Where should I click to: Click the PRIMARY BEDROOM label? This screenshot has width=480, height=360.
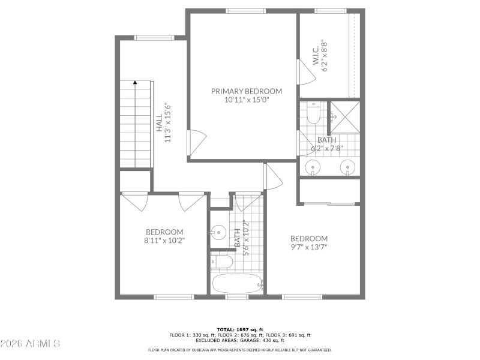pos(246,91)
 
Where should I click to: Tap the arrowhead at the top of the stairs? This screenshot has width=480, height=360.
pos(135,83)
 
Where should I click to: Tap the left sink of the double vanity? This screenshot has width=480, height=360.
pos(314,167)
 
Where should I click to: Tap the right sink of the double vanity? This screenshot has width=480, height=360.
pos(347,167)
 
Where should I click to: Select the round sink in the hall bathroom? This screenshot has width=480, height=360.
pos(218,230)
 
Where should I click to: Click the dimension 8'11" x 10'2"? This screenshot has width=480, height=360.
pos(164,240)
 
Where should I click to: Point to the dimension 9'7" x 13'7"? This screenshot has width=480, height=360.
pos(309,247)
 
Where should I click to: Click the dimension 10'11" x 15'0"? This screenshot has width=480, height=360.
pos(246,100)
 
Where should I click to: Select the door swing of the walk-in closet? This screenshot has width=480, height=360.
pos(305,72)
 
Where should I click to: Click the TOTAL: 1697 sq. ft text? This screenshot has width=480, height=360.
pos(240,329)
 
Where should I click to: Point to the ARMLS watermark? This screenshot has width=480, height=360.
pos(30,344)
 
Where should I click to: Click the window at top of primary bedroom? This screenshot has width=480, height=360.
pos(245,10)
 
